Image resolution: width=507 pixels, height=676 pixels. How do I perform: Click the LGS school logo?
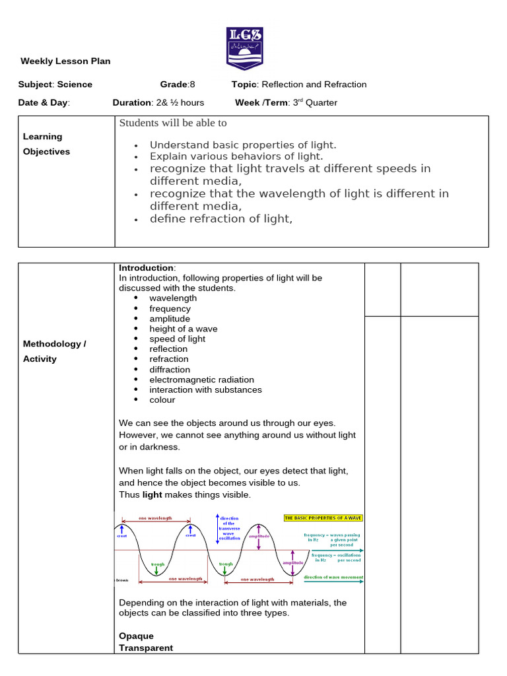coord(244,48)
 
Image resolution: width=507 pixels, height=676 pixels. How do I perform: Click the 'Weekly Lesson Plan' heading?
coord(65,61)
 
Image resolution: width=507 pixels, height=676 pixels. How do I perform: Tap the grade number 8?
coord(193,84)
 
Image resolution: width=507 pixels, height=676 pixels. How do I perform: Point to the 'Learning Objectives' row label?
coord(46,144)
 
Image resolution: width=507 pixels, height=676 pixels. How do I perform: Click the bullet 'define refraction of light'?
coord(220,219)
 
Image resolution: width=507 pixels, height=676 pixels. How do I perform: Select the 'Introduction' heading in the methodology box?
coord(146,268)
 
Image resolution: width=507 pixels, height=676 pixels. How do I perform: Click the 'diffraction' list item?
coord(170,370)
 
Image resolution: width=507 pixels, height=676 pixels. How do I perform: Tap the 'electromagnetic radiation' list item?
coord(201,380)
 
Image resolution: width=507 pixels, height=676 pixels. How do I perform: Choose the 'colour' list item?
coord(162,400)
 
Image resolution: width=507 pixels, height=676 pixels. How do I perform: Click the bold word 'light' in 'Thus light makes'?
coord(152,495)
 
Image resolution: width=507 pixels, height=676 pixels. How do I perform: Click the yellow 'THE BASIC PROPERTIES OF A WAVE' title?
coord(323,518)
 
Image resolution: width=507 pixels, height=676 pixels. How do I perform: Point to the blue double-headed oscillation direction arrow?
coord(217,533)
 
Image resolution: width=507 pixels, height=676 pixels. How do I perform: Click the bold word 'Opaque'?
coord(136,636)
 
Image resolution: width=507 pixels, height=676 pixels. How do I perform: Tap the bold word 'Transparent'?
coord(145,648)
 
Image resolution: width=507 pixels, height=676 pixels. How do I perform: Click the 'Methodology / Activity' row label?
coord(55,351)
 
